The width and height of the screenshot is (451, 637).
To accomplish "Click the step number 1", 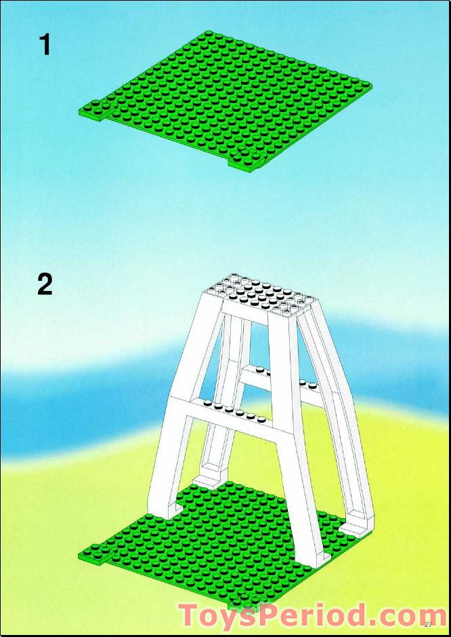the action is point(45,45).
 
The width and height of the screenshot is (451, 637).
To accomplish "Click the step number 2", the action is point(45,285).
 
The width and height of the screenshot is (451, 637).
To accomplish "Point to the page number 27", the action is point(428,624).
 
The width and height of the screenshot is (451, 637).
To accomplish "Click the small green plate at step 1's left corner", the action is point(95,110).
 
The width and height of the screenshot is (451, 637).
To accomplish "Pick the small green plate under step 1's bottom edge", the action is point(244,161).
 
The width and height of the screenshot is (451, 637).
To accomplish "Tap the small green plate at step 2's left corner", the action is point(95,554).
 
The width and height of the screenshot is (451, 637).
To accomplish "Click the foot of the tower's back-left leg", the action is point(209,480).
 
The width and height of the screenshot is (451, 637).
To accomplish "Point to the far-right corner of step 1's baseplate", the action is point(372,85).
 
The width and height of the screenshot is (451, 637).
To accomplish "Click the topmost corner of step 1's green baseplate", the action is point(208,31).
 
